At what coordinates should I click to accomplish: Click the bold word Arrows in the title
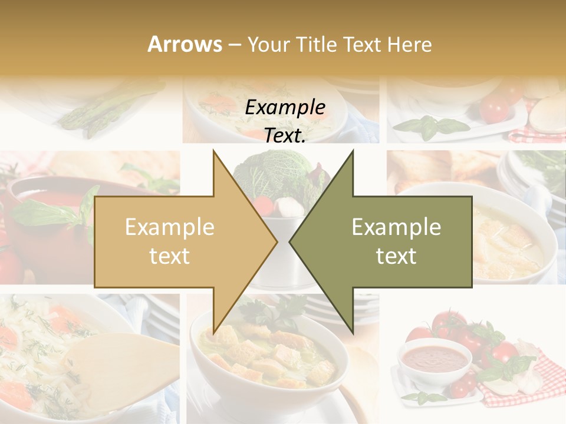coord(185,44)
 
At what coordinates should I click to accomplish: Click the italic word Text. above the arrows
coord(285,135)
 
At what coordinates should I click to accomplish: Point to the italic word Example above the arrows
coord(285,108)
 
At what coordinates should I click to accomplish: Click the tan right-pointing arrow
coord(177,241)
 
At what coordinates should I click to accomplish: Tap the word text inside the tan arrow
coord(169,256)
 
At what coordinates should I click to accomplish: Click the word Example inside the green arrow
coord(396,227)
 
